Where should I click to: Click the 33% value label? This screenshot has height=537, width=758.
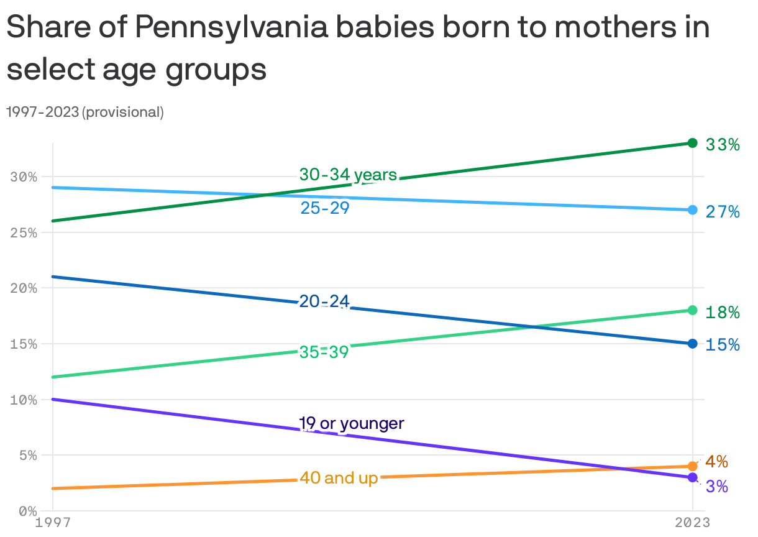(722, 145)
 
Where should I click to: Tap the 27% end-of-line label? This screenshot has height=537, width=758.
(722, 212)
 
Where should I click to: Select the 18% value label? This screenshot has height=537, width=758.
(722, 312)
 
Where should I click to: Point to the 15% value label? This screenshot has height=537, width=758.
(722, 344)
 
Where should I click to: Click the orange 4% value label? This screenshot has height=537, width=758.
(716, 462)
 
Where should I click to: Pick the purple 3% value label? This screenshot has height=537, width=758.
(716, 486)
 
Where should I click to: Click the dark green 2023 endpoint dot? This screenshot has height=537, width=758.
(693, 144)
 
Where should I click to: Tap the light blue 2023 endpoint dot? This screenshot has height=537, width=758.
(693, 210)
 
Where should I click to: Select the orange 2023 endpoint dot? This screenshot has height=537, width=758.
(693, 466)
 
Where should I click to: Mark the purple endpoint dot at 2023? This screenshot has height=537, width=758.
(693, 477)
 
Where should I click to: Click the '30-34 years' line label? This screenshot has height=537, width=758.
(348, 175)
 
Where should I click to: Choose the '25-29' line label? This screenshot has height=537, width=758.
(325, 208)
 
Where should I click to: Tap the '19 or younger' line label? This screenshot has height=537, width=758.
(352, 424)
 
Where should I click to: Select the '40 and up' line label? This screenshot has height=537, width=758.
(339, 478)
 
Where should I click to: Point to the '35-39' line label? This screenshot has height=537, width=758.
(324, 352)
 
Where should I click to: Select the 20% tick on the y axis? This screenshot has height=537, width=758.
(24, 288)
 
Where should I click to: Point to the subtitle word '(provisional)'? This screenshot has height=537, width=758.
(123, 112)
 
